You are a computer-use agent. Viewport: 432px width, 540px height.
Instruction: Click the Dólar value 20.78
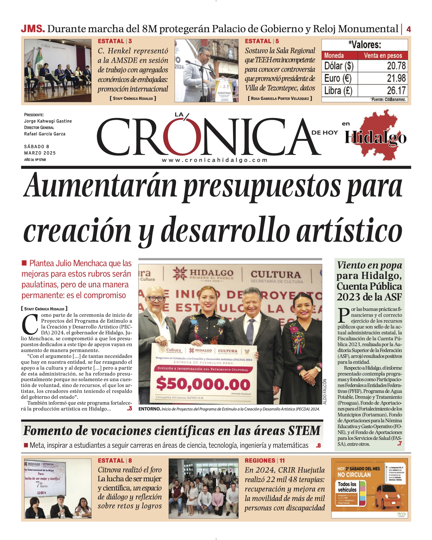coord(396,66)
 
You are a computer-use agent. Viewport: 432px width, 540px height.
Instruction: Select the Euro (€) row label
coord(338,78)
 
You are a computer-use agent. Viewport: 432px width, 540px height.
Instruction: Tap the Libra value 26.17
coord(396,90)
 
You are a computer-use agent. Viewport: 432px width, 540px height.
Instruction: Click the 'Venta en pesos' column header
coord(383,55)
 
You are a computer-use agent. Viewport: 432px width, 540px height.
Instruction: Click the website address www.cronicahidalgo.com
coord(215,160)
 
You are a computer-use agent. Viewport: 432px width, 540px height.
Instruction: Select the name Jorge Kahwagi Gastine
coord(48,121)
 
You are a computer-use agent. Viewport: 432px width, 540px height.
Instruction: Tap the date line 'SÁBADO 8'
coord(37,147)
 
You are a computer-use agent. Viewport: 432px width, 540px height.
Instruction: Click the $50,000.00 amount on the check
coord(203,385)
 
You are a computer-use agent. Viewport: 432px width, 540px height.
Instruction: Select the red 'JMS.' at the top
coord(33,29)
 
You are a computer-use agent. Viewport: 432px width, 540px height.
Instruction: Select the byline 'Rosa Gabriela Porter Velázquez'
coord(280,98)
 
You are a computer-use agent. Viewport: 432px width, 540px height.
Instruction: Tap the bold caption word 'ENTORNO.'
coord(149,409)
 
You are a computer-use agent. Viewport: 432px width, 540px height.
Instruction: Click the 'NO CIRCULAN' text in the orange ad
coord(354,475)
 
